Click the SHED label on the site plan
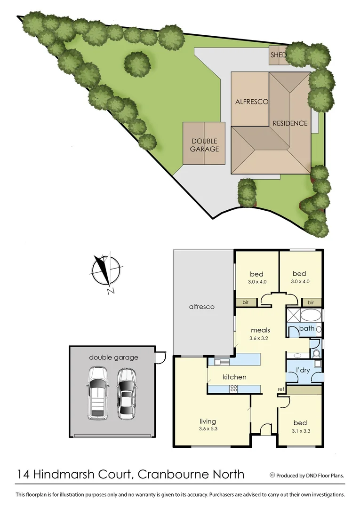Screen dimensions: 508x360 [278, 55]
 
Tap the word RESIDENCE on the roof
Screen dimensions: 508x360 [290, 123]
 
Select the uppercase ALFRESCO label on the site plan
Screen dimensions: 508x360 [251, 102]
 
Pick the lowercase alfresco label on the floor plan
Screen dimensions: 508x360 [201, 307]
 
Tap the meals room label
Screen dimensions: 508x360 [260, 330]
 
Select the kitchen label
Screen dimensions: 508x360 [234, 377]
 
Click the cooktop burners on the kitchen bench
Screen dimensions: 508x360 [233, 389]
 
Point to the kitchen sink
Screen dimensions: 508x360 [220, 362]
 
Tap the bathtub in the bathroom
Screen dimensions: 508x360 [311, 315]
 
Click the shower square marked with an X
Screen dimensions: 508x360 [293, 315]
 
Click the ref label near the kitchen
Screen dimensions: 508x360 [280, 389]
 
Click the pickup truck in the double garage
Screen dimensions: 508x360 [98, 393]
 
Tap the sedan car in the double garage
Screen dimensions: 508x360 [126, 393]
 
